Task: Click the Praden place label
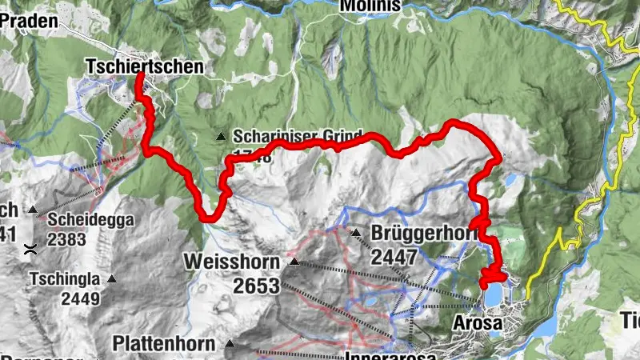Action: pos(30,22)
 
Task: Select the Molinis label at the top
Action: pos(370,6)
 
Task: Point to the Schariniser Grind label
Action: pos(298,136)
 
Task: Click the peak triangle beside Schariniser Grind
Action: pos(221,137)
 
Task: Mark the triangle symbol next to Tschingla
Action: pos(112,279)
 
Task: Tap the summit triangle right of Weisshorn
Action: pos(294,262)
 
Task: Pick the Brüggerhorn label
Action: pos(423,234)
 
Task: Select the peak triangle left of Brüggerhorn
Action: pos(355,233)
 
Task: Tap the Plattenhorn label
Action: pos(164,344)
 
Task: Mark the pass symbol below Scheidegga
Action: pos(30,249)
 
